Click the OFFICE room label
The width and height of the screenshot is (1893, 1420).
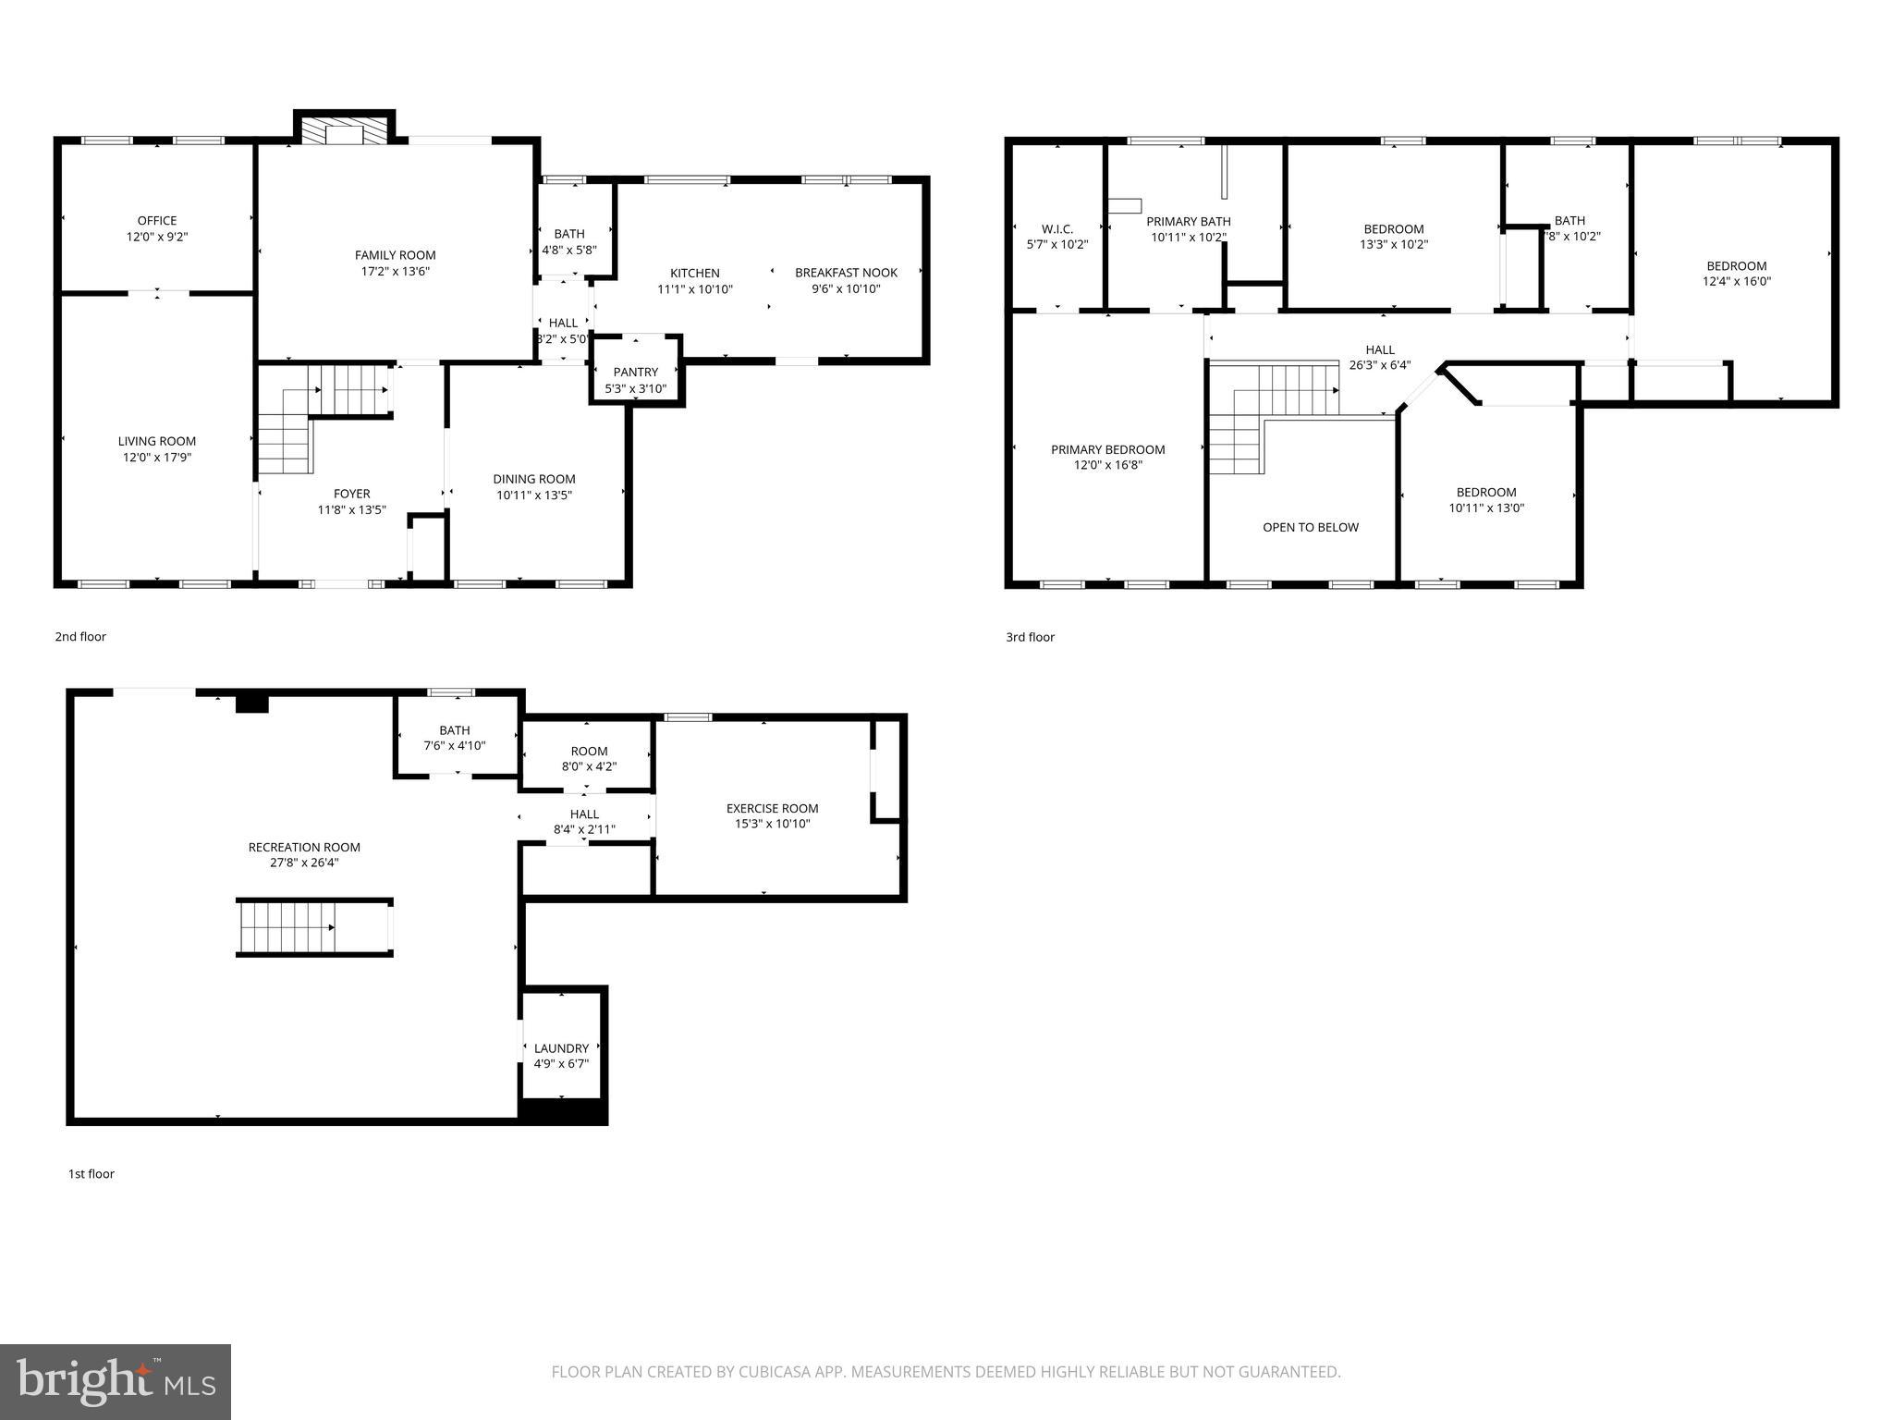click(x=156, y=220)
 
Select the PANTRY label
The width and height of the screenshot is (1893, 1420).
click(x=635, y=372)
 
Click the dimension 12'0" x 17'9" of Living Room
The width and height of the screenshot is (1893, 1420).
click(x=156, y=458)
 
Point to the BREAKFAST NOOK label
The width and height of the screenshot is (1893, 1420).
click(x=846, y=273)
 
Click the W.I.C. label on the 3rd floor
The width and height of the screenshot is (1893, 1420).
click(x=1056, y=228)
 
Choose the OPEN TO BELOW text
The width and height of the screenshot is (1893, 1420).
click(x=1310, y=527)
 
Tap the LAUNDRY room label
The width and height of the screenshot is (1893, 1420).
click(x=561, y=1048)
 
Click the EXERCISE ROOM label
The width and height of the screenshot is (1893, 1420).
click(x=772, y=808)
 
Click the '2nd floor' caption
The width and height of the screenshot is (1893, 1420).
click(x=80, y=636)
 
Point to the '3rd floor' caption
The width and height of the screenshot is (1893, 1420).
click(x=1030, y=637)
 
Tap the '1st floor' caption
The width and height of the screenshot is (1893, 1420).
click(x=91, y=1174)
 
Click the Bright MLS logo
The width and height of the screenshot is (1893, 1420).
click(x=115, y=1381)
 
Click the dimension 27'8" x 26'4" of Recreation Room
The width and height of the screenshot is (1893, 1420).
click(x=304, y=863)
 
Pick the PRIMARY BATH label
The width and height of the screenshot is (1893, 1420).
click(x=1188, y=221)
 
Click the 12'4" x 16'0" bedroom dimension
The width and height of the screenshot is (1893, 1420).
click(x=1737, y=282)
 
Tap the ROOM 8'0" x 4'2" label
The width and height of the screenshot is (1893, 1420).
click(x=589, y=751)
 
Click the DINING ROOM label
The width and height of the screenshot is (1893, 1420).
click(x=533, y=479)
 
